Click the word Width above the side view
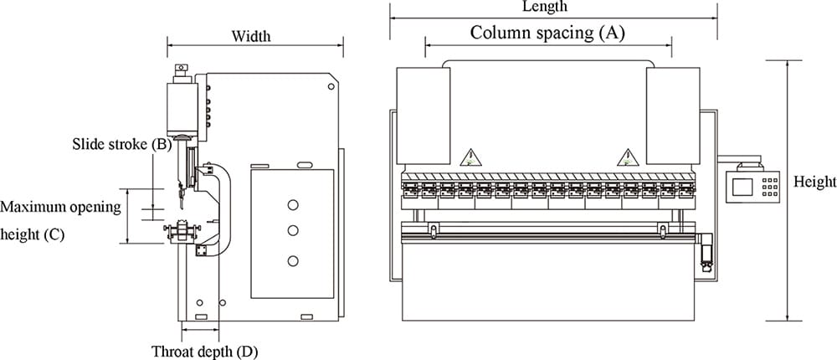[251, 36]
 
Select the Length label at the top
[544, 7]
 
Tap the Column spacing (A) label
[547, 33]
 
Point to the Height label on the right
[814, 182]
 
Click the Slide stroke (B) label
[122, 144]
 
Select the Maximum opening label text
[61, 206]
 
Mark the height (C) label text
[32, 234]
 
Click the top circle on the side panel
[292, 204]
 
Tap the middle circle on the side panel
[292, 230]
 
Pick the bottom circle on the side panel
[292, 262]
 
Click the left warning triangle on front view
[471, 157]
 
